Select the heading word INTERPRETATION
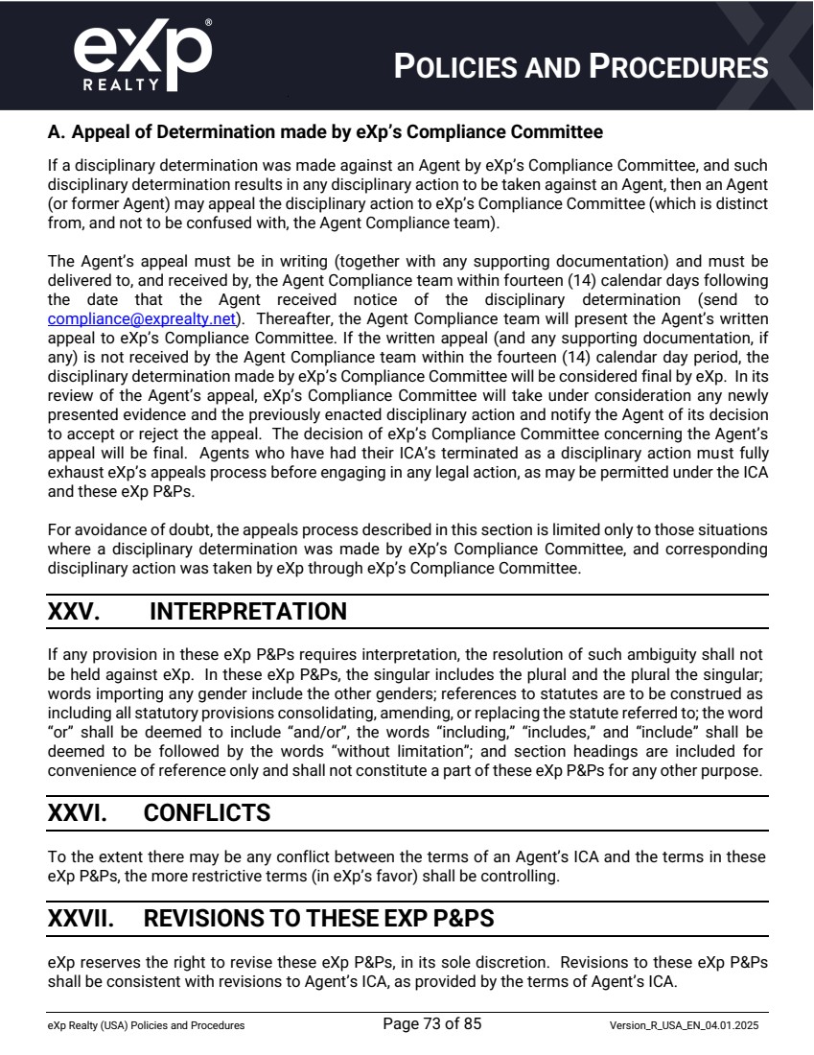pyautogui.click(x=248, y=612)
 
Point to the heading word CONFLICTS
pyautogui.click(x=207, y=813)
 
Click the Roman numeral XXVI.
pyautogui.click(x=77, y=813)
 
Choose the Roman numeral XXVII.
pyautogui.click(x=81, y=919)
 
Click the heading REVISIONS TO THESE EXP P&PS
pyautogui.click(x=318, y=919)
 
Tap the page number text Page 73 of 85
pyautogui.click(x=431, y=1024)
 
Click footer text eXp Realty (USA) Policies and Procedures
pyautogui.click(x=146, y=1025)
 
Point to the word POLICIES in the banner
pyautogui.click(x=460, y=67)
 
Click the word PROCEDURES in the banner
pyautogui.click(x=678, y=67)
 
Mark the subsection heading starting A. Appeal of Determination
pyautogui.click(x=325, y=131)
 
